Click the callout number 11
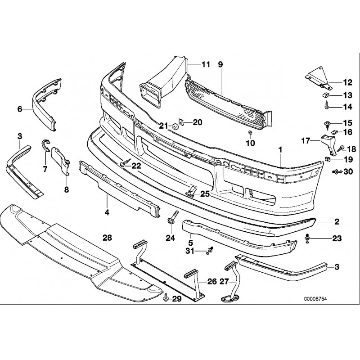(x=206, y=64)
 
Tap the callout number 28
(x=107, y=238)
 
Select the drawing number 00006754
(x=315, y=299)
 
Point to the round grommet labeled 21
(x=175, y=127)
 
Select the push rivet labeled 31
(x=210, y=251)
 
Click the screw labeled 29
(x=165, y=298)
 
